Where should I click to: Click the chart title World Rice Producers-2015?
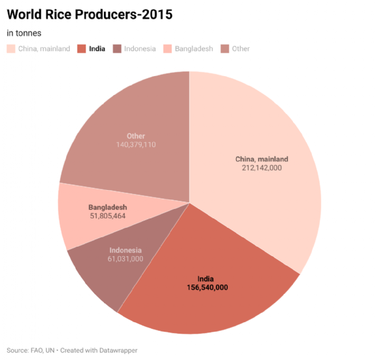tap(89, 13)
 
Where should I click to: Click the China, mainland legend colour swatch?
tap(11, 48)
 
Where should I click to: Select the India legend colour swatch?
tap(81, 48)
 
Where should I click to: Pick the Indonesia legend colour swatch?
tap(117, 48)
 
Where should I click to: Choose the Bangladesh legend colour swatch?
tap(167, 48)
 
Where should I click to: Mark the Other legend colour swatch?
tap(224, 48)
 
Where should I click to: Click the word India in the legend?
tap(96, 48)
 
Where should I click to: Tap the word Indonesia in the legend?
tap(140, 48)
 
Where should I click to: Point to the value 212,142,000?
tap(258, 168)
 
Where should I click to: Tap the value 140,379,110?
tap(135, 145)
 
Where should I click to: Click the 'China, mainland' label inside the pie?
tap(258, 159)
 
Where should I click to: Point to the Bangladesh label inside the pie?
tap(108, 206)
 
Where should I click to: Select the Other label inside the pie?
tap(135, 136)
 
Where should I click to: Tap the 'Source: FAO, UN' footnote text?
tap(31, 350)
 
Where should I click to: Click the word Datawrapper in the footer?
tap(118, 350)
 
